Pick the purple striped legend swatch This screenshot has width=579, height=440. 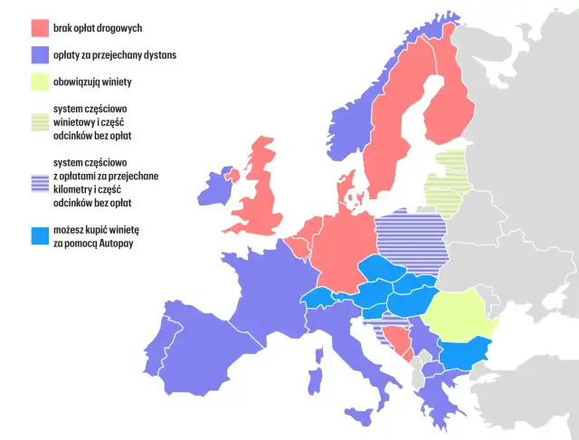tap(40, 181)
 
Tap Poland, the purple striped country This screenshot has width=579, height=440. tap(412, 237)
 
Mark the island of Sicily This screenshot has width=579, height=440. tap(360, 416)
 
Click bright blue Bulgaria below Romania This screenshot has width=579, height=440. tap(465, 352)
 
